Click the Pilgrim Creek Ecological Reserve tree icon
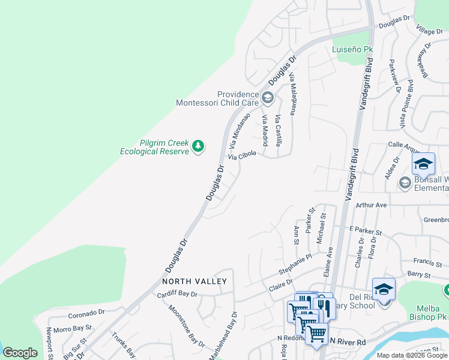pyautogui.click(x=197, y=146)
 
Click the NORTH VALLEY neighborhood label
pyautogui.click(x=194, y=281)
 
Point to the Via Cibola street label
pyautogui.click(x=242, y=155)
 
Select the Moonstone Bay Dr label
pyautogui.click(x=187, y=326)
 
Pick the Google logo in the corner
pyautogui.click(x=20, y=353)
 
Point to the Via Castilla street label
pyautogui.click(x=278, y=131)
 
